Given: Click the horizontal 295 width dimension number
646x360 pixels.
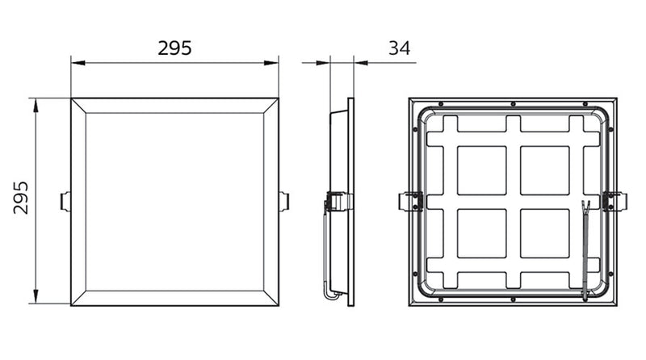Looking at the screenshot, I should [174, 48].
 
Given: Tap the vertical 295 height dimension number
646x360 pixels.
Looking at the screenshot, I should [22, 198].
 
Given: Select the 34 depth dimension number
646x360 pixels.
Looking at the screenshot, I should [399, 48].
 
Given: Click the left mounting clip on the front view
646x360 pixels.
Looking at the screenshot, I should [65, 200].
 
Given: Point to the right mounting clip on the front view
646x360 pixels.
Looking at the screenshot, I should [283, 200].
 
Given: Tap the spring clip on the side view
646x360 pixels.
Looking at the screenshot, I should [338, 201].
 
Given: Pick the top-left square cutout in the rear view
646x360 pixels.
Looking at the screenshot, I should [481, 170].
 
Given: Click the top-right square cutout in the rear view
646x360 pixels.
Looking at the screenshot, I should [544, 170].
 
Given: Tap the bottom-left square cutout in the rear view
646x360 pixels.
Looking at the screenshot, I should [481, 233].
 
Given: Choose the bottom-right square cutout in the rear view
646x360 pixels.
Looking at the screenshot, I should [544, 233].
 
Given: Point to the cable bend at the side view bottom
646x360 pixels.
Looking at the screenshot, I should [330, 294].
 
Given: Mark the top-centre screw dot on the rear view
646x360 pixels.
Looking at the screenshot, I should [514, 104].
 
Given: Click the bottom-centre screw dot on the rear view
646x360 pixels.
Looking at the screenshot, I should [514, 300].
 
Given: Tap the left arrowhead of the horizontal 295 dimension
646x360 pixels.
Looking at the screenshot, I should [75, 61].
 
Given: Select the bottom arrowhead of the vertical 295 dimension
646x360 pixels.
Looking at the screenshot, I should [36, 299].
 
